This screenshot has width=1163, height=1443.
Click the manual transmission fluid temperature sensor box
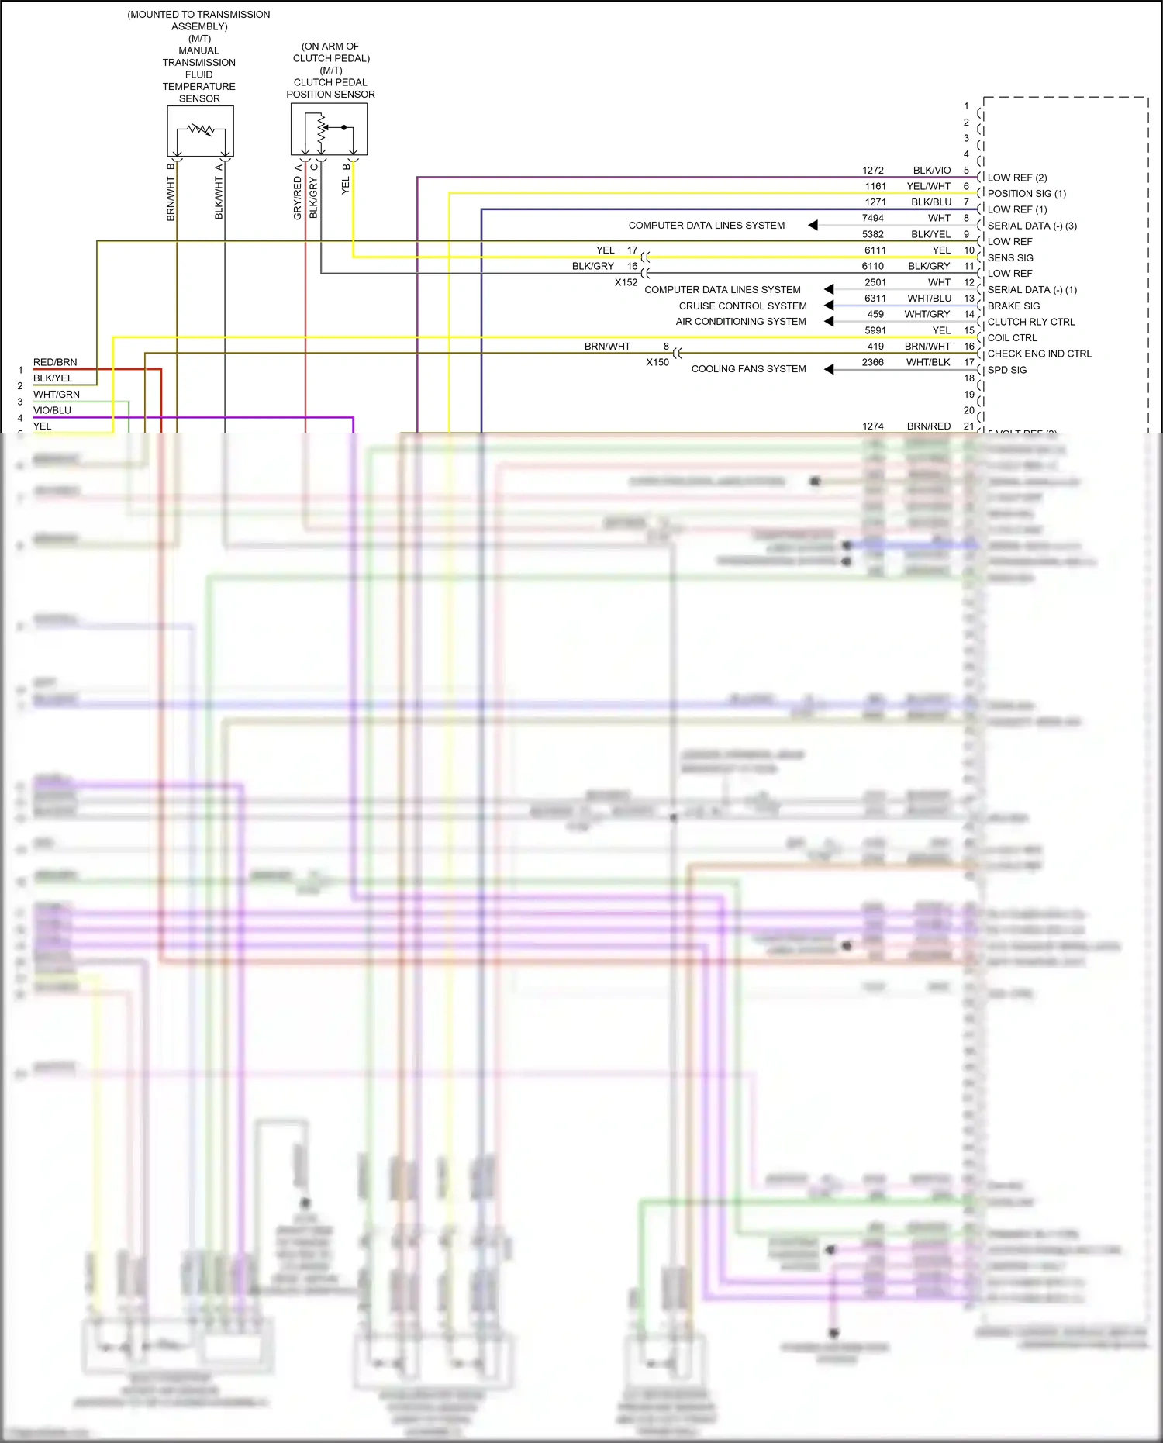coord(200,131)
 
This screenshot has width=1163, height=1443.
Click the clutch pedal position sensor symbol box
coord(329,129)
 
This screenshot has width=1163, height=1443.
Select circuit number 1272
coord(872,171)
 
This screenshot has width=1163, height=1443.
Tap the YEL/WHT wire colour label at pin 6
coord(928,186)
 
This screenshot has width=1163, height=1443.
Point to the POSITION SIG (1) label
coord(1026,194)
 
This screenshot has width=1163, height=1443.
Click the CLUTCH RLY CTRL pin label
coord(1030,322)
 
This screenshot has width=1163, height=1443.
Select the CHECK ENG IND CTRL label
coord(1039,354)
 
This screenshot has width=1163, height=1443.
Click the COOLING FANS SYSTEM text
coord(748,369)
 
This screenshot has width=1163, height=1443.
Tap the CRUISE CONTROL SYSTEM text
coord(742,306)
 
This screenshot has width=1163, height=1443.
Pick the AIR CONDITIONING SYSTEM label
coord(740,322)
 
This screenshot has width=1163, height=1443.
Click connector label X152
coord(626,282)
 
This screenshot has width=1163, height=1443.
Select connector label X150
coord(657,362)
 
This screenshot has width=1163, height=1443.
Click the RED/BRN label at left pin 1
coord(55,362)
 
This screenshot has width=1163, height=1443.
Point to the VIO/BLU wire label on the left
coord(52,410)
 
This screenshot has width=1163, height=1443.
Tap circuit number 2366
coord(872,362)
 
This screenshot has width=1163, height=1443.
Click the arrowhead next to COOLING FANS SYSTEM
coord(828,369)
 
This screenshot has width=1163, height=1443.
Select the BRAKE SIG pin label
coord(1013,306)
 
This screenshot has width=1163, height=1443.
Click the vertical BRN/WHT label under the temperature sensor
coord(171,198)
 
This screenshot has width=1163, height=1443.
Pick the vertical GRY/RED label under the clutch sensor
coord(297,198)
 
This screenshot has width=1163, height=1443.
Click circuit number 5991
coord(875,330)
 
